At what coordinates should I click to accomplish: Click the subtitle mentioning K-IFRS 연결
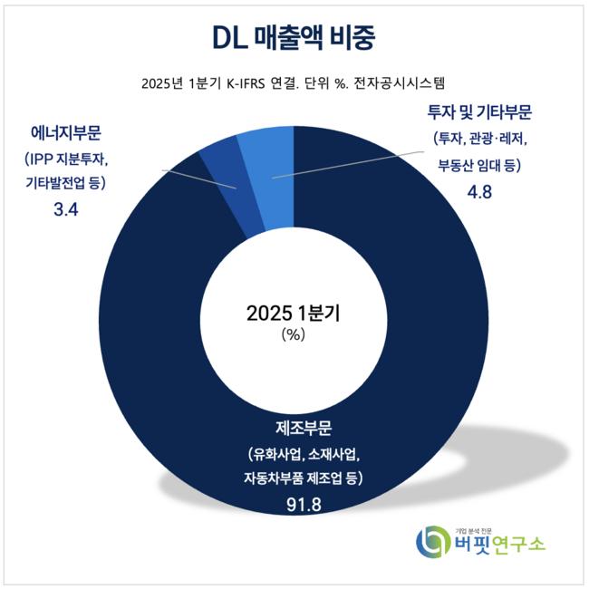[294, 84]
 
